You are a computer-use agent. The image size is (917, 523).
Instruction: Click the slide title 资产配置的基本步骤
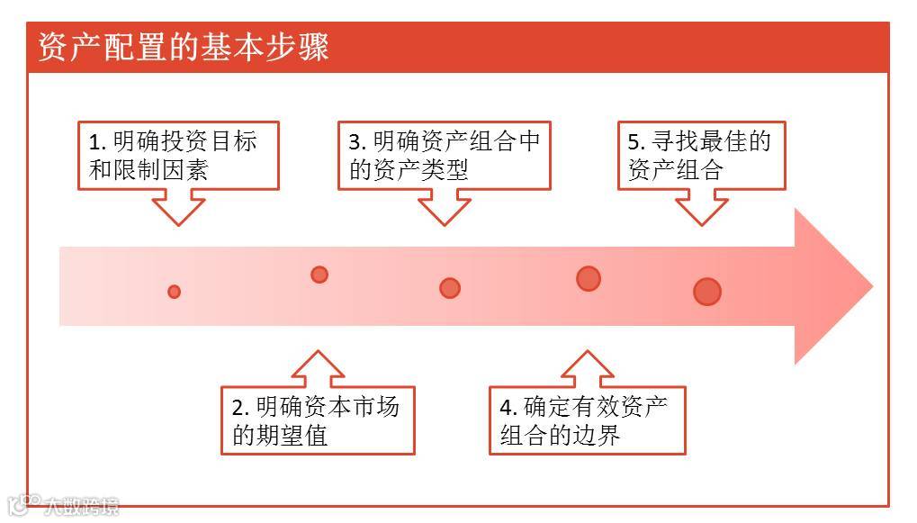coord(184,47)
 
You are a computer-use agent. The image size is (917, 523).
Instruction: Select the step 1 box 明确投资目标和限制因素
coord(177,156)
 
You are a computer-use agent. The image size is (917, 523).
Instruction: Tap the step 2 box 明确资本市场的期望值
coord(318,420)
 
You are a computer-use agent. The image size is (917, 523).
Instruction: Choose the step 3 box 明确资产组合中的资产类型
coord(445,156)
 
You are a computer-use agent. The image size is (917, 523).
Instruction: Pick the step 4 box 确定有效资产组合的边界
coord(587,420)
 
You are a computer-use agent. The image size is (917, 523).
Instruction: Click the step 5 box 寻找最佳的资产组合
coord(700,156)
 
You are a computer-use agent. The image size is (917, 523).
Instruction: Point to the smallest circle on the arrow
coord(175,292)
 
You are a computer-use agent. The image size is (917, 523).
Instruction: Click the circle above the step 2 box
coord(319,275)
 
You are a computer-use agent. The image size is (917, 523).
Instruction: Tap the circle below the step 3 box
coord(450,288)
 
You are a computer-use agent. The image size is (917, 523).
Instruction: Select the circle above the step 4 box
coord(589,278)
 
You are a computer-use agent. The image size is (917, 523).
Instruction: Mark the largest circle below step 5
coord(707,292)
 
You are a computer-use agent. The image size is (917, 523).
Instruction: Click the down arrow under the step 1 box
coord(178,208)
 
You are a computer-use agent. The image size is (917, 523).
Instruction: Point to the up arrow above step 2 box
coord(318,369)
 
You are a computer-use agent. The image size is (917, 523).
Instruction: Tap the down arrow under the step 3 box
coord(445,208)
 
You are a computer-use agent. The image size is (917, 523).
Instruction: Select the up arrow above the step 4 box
coord(587,369)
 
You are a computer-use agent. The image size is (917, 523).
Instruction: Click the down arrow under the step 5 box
coord(701,208)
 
